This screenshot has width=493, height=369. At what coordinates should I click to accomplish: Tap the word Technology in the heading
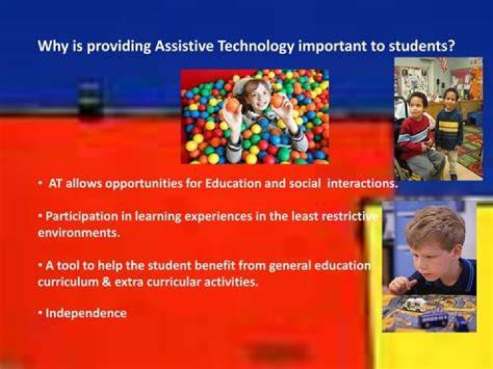[256, 47]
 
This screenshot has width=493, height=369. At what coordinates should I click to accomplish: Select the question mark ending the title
[452, 46]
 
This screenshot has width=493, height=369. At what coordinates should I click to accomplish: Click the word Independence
[86, 313]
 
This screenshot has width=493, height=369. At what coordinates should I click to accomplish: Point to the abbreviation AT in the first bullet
[55, 183]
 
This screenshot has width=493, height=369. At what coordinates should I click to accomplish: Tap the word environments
[79, 233]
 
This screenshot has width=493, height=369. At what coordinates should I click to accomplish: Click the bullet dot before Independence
[40, 313]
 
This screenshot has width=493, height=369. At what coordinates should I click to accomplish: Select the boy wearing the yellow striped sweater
[450, 129]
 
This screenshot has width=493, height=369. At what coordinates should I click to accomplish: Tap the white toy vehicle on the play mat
[415, 304]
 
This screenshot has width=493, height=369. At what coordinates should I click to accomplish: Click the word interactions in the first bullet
[362, 183]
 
